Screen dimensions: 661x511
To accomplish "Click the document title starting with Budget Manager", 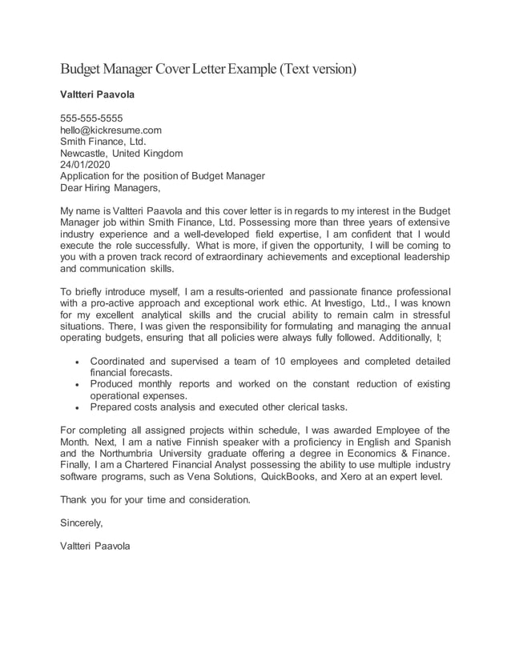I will [208, 69].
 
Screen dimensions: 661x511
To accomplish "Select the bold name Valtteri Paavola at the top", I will [98, 94].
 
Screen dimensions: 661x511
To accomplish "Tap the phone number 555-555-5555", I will [91, 118].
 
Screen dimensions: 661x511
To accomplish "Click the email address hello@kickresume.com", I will [111, 130].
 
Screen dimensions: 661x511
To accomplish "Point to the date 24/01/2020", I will [86, 165].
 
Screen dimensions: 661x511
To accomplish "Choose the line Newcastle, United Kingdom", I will [122, 153].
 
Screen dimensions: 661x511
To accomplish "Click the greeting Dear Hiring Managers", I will [111, 189].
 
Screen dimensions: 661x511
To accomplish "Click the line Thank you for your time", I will [155, 500].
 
